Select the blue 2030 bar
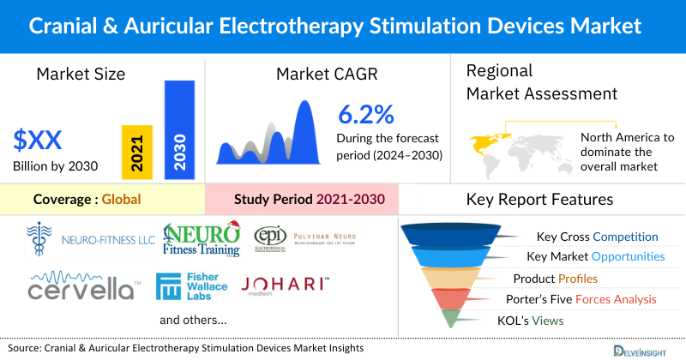click(178, 129)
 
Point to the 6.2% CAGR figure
click(366, 114)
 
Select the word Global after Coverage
click(121, 200)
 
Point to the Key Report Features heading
click(539, 200)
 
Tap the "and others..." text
click(193, 320)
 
